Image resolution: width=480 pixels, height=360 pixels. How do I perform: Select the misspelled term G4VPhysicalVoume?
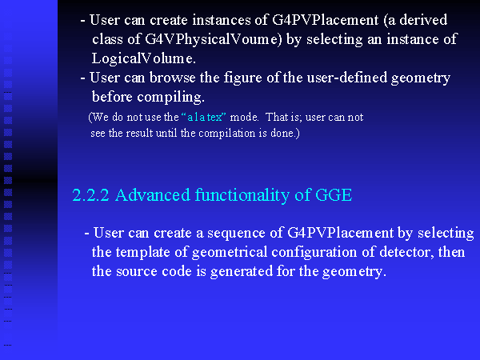point(213,39)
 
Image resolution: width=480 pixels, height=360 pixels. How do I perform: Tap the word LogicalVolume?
point(143,58)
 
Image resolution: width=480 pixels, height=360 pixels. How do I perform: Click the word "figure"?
point(242,78)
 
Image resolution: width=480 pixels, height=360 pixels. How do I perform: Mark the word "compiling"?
point(170,98)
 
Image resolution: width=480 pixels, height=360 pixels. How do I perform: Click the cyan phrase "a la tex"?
point(205,117)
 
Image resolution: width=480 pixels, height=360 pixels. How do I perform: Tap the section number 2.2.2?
point(90,195)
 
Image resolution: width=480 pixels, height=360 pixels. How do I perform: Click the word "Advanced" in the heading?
point(153,195)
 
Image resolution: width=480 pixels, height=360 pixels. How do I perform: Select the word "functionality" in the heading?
point(242,195)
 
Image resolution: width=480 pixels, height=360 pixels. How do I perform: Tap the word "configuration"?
point(314,252)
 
